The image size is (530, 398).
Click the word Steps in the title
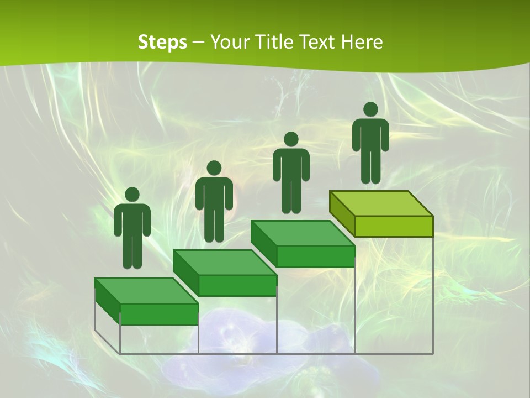pyautogui.click(x=162, y=42)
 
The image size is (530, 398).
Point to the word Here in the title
pyautogui.click(x=363, y=42)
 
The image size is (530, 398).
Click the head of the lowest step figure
pyautogui.click(x=132, y=195)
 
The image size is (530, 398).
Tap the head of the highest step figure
pyautogui.click(x=370, y=109)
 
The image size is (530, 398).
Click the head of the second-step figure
pyautogui.click(x=214, y=168)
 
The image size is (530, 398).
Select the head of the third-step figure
pyautogui.click(x=291, y=139)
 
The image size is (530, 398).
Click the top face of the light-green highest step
pyautogui.click(x=381, y=203)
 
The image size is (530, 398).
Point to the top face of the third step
pyautogui.click(x=303, y=233)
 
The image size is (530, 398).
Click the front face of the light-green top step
pyautogui.click(x=394, y=226)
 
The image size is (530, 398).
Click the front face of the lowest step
pyautogui.click(x=159, y=314)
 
